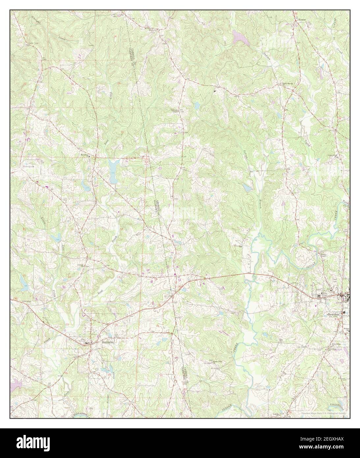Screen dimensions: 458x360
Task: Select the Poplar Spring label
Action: tap(287, 84)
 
